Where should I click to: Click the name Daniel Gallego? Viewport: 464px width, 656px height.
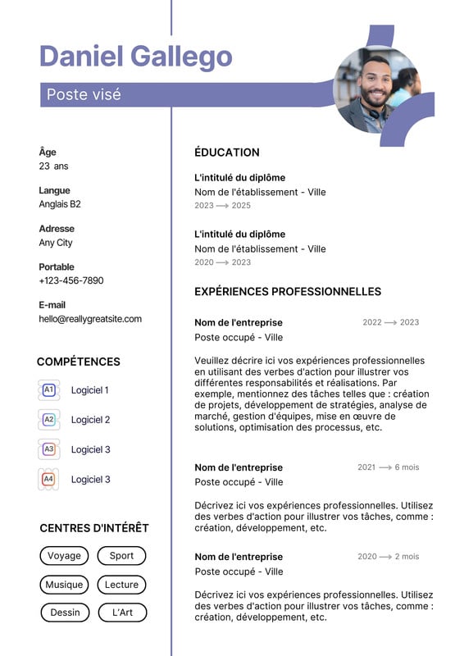136,57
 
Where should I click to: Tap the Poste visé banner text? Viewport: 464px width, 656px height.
84,94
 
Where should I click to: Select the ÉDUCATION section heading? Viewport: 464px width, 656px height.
227,153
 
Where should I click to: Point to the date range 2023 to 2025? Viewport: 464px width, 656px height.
223,206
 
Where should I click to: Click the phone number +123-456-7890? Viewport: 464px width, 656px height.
71,280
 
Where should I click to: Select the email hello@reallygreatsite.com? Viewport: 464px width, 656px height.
90,319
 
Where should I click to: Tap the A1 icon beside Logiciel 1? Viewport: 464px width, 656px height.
48,390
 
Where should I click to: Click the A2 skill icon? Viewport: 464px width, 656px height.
48,420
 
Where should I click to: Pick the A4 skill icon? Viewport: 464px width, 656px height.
48,479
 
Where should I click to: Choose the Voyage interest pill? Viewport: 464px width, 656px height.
64,556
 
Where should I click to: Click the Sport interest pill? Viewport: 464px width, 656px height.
121,556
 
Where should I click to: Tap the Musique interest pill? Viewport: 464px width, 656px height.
64,585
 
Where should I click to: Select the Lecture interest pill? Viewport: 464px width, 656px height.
121,585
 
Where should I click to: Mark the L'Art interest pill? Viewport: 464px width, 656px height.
121,613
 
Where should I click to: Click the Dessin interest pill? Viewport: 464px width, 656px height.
65,613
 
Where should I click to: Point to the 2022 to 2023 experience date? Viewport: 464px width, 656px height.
390,323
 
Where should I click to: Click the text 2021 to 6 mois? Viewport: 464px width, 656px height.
388,467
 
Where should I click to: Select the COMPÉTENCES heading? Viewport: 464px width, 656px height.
79,362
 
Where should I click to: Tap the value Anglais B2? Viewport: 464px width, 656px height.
60,204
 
